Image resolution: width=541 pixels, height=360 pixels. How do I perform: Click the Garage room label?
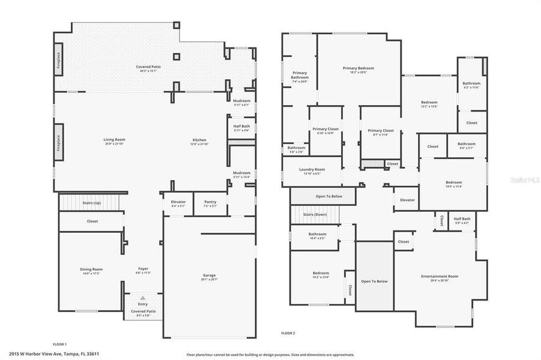pos(210,276)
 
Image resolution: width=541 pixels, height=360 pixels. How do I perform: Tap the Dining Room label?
pos(92,269)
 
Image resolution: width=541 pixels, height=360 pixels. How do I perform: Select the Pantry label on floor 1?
pos(210,202)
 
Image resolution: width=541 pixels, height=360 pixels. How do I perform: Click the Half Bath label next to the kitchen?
pos(241,126)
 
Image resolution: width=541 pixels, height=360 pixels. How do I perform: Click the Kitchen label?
pos(199,139)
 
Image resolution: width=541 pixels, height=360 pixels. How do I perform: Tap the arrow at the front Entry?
pos(143,298)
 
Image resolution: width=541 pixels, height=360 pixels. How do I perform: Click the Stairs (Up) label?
pos(92,203)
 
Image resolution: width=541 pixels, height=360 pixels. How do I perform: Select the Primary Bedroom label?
pos(358,68)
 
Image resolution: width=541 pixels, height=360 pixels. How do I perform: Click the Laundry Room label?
pos(312,169)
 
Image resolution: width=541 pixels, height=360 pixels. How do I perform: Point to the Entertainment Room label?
pos(440,276)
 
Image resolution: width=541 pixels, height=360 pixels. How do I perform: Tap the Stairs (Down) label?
pos(315,214)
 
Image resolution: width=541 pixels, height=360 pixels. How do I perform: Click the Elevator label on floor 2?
pos(408,199)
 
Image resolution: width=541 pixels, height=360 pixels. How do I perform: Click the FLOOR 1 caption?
pos(59,344)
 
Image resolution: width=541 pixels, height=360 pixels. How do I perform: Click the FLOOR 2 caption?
pos(288,333)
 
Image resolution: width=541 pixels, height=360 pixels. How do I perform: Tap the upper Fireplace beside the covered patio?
pos(59,61)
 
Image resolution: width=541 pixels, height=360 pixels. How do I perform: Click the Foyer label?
pos(143,269)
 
